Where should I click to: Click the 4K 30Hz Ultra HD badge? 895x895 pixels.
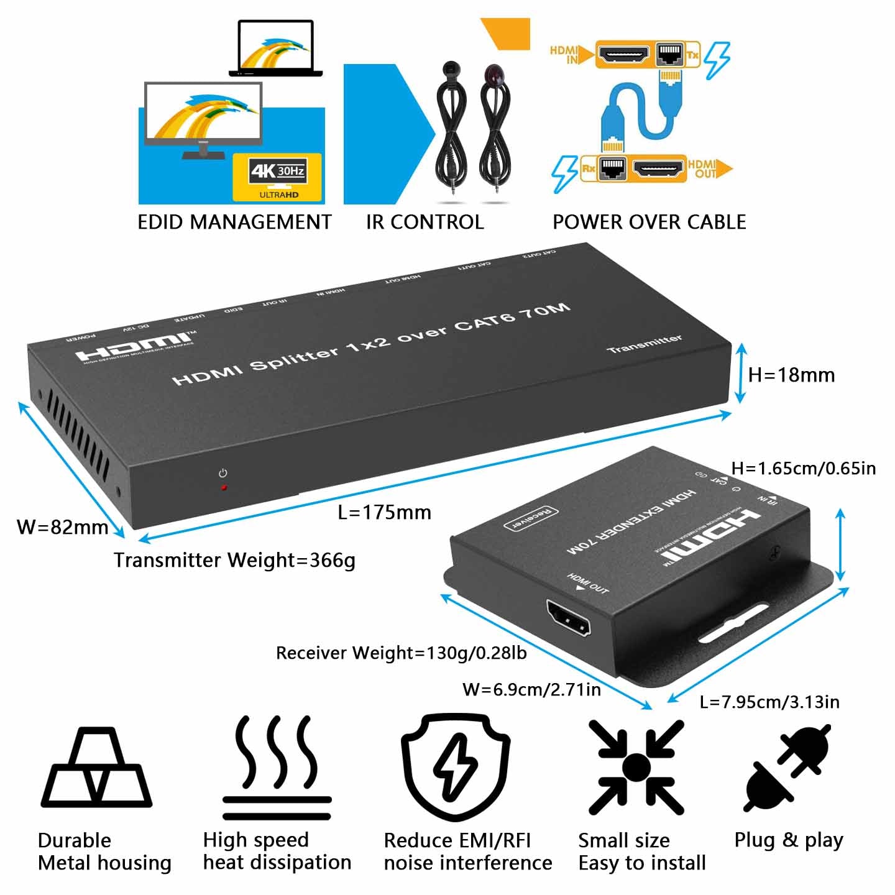pyautogui.click(x=277, y=177)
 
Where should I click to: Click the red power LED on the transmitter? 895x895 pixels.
pyautogui.click(x=224, y=488)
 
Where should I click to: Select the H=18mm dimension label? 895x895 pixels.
pyautogui.click(x=791, y=375)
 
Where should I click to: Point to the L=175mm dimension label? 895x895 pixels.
pyautogui.click(x=384, y=512)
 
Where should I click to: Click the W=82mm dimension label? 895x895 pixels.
pyautogui.click(x=62, y=527)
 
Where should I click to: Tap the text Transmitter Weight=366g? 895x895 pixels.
pyautogui.click(x=234, y=560)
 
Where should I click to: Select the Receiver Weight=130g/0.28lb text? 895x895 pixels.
pyautogui.click(x=401, y=653)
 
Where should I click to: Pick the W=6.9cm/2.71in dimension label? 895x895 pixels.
pyautogui.click(x=531, y=689)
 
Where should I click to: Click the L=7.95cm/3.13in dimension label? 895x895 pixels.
pyautogui.click(x=769, y=702)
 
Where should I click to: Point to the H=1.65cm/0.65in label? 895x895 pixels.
pyautogui.click(x=803, y=468)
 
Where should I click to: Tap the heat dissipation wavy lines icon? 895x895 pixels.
pyautogui.click(x=277, y=768)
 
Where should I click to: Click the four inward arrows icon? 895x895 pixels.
pyautogui.click(x=636, y=767)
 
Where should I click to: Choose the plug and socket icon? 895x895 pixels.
pyautogui.click(x=787, y=767)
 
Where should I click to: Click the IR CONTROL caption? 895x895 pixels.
pyautogui.click(x=425, y=222)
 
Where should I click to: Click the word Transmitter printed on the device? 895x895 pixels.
pyautogui.click(x=644, y=344)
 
